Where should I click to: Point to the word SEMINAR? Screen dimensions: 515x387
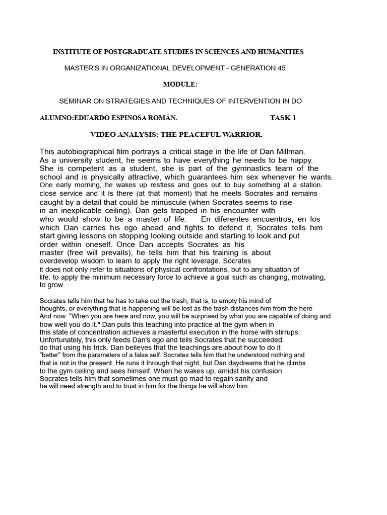click(76, 101)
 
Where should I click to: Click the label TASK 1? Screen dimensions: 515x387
click(283, 118)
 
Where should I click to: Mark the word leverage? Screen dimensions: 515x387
click(205, 262)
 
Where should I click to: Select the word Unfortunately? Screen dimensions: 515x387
click(60, 339)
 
